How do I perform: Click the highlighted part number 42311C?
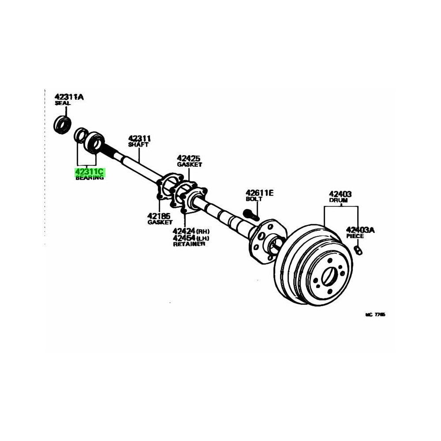pos(90,171)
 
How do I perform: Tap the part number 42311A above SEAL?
pos(68,97)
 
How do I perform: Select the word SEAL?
pos(62,103)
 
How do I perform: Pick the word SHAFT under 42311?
pos(138,145)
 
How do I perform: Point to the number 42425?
pos(189,157)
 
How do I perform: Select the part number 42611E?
pos(260,192)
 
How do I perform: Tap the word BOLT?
pos(254,199)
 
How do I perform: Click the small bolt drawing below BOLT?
pos(250,215)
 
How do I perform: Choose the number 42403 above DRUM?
pos(340,193)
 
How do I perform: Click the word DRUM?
pos(338,200)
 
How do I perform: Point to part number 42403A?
pos(360,229)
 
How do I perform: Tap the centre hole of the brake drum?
pos(329,277)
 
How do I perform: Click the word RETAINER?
pos(189,244)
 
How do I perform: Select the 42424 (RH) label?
pos(191,231)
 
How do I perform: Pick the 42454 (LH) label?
pos(191,238)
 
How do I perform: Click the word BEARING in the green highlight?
pos(90,178)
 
